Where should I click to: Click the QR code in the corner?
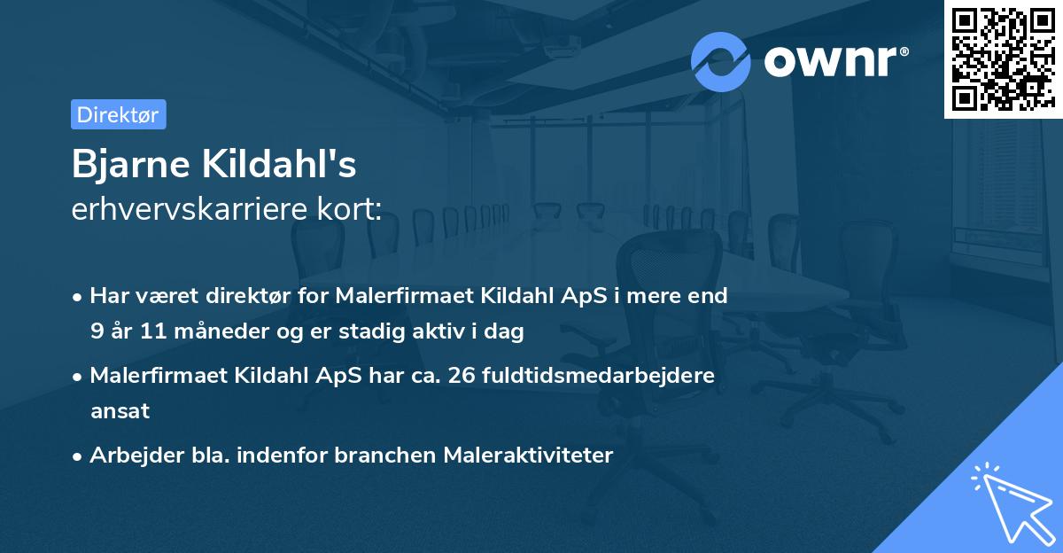point(1003,58)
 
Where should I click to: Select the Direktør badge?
point(118,114)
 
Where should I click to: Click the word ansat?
point(120,411)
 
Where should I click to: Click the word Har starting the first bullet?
point(109,295)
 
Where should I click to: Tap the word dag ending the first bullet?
point(506,331)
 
